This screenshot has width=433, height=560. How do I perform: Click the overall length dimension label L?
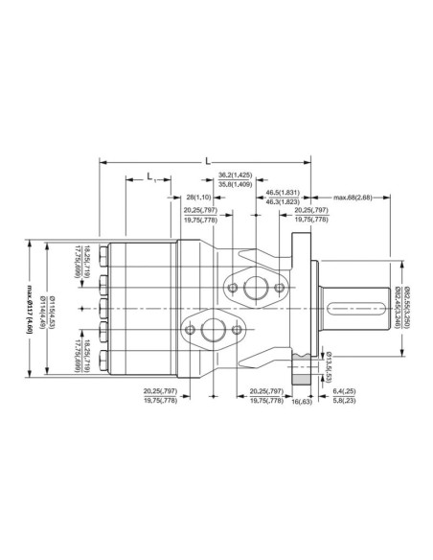coord(208,162)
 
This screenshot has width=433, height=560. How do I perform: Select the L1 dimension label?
coord(150,176)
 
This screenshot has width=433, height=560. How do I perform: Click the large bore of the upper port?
coord(255,287)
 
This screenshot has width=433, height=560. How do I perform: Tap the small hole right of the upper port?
coord(279,287)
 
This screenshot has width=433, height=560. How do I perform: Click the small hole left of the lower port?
coord(190,331)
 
